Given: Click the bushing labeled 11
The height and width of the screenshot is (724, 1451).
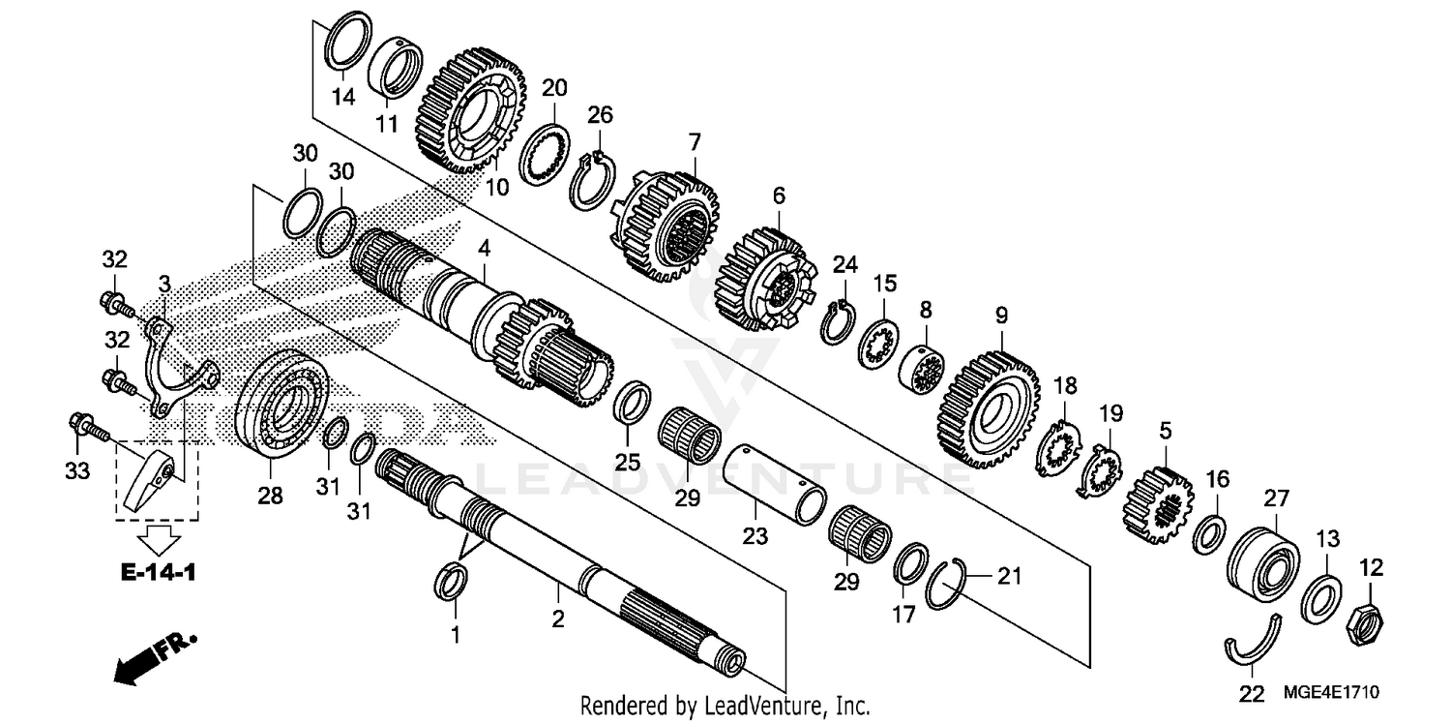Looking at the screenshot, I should pos(397,69).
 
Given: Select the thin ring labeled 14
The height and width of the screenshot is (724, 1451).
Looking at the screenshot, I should pos(345,43).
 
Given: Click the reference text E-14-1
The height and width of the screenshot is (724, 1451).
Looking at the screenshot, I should pos(159,573).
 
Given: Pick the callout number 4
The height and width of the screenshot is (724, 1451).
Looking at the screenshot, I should pos(484,249).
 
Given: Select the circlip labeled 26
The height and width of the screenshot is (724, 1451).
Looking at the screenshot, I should pos(590,178).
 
